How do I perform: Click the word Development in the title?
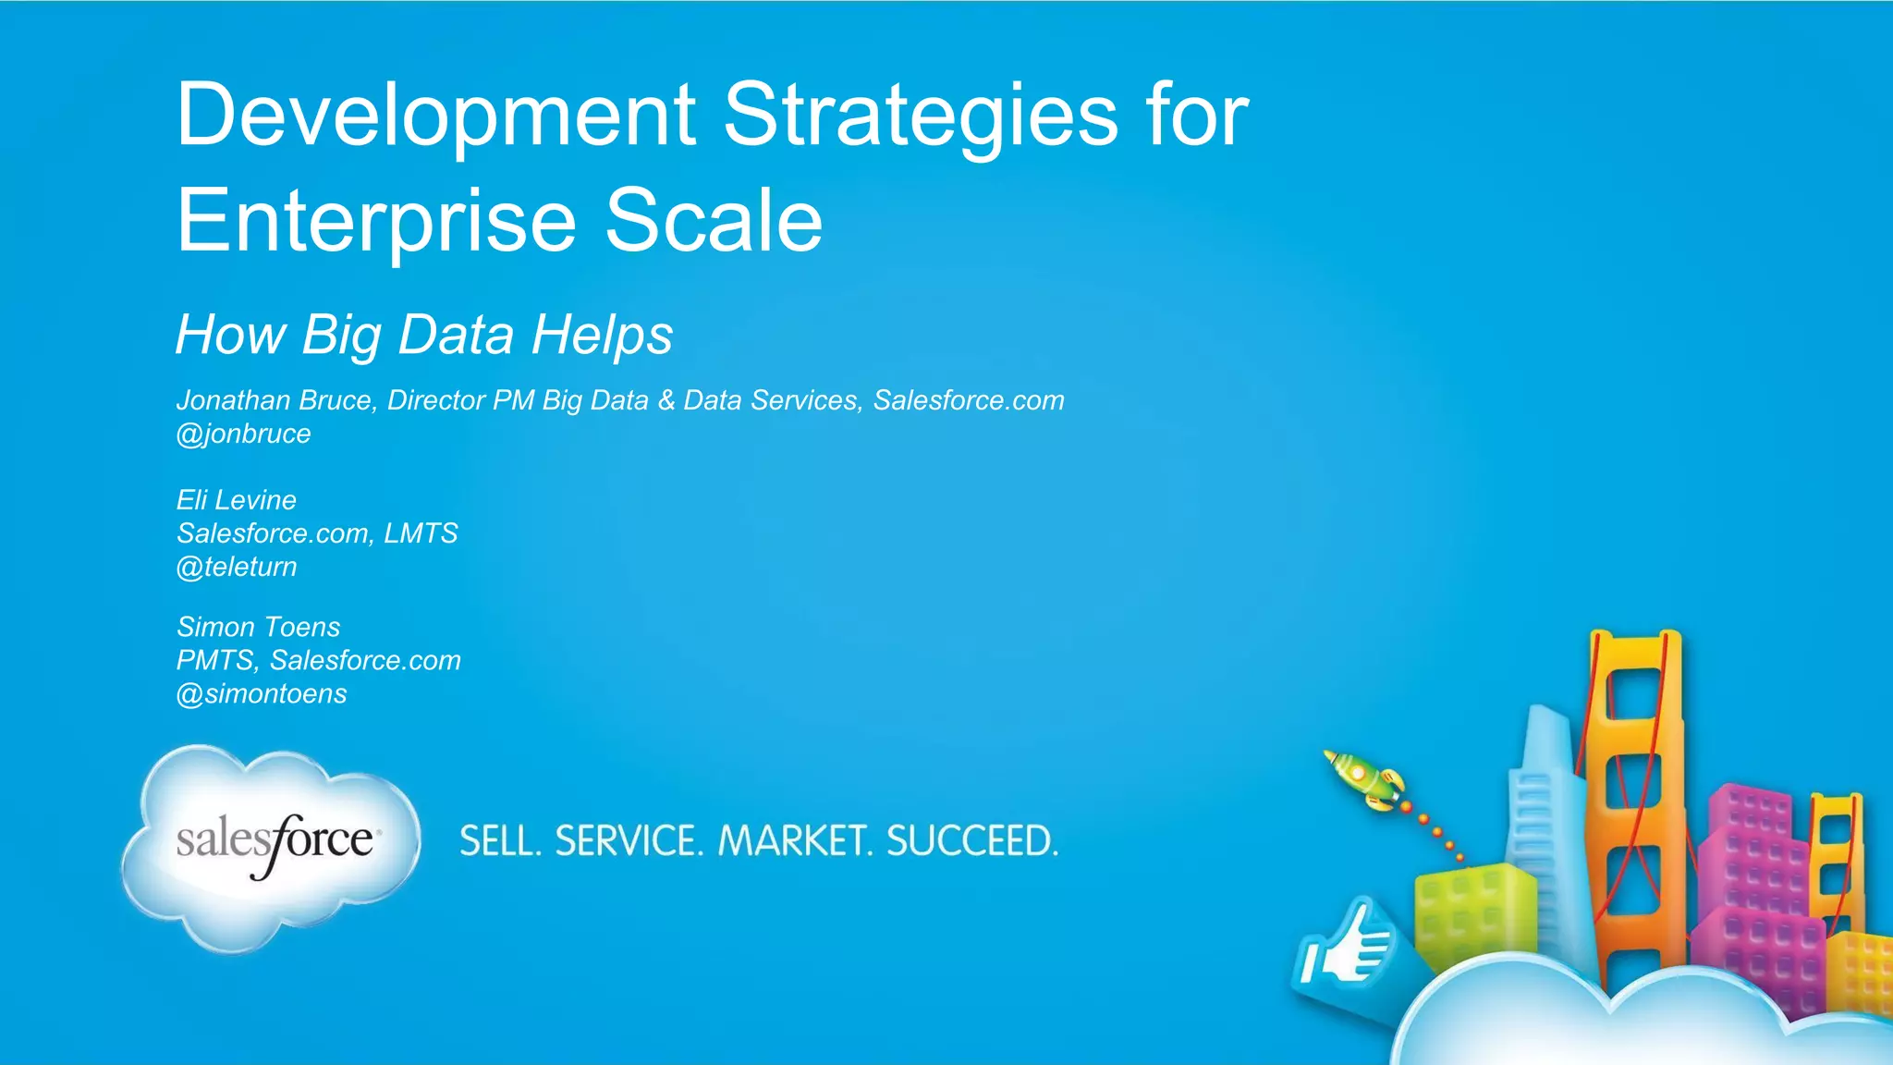click(434, 116)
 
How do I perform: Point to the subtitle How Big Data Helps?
click(424, 335)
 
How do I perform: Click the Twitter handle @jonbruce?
click(244, 434)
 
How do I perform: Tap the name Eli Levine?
click(237, 500)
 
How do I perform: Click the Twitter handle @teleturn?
click(237, 567)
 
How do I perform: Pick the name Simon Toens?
click(259, 627)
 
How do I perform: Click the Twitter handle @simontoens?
click(262, 693)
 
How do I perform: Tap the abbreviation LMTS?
click(421, 533)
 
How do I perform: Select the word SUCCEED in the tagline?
click(971, 841)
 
